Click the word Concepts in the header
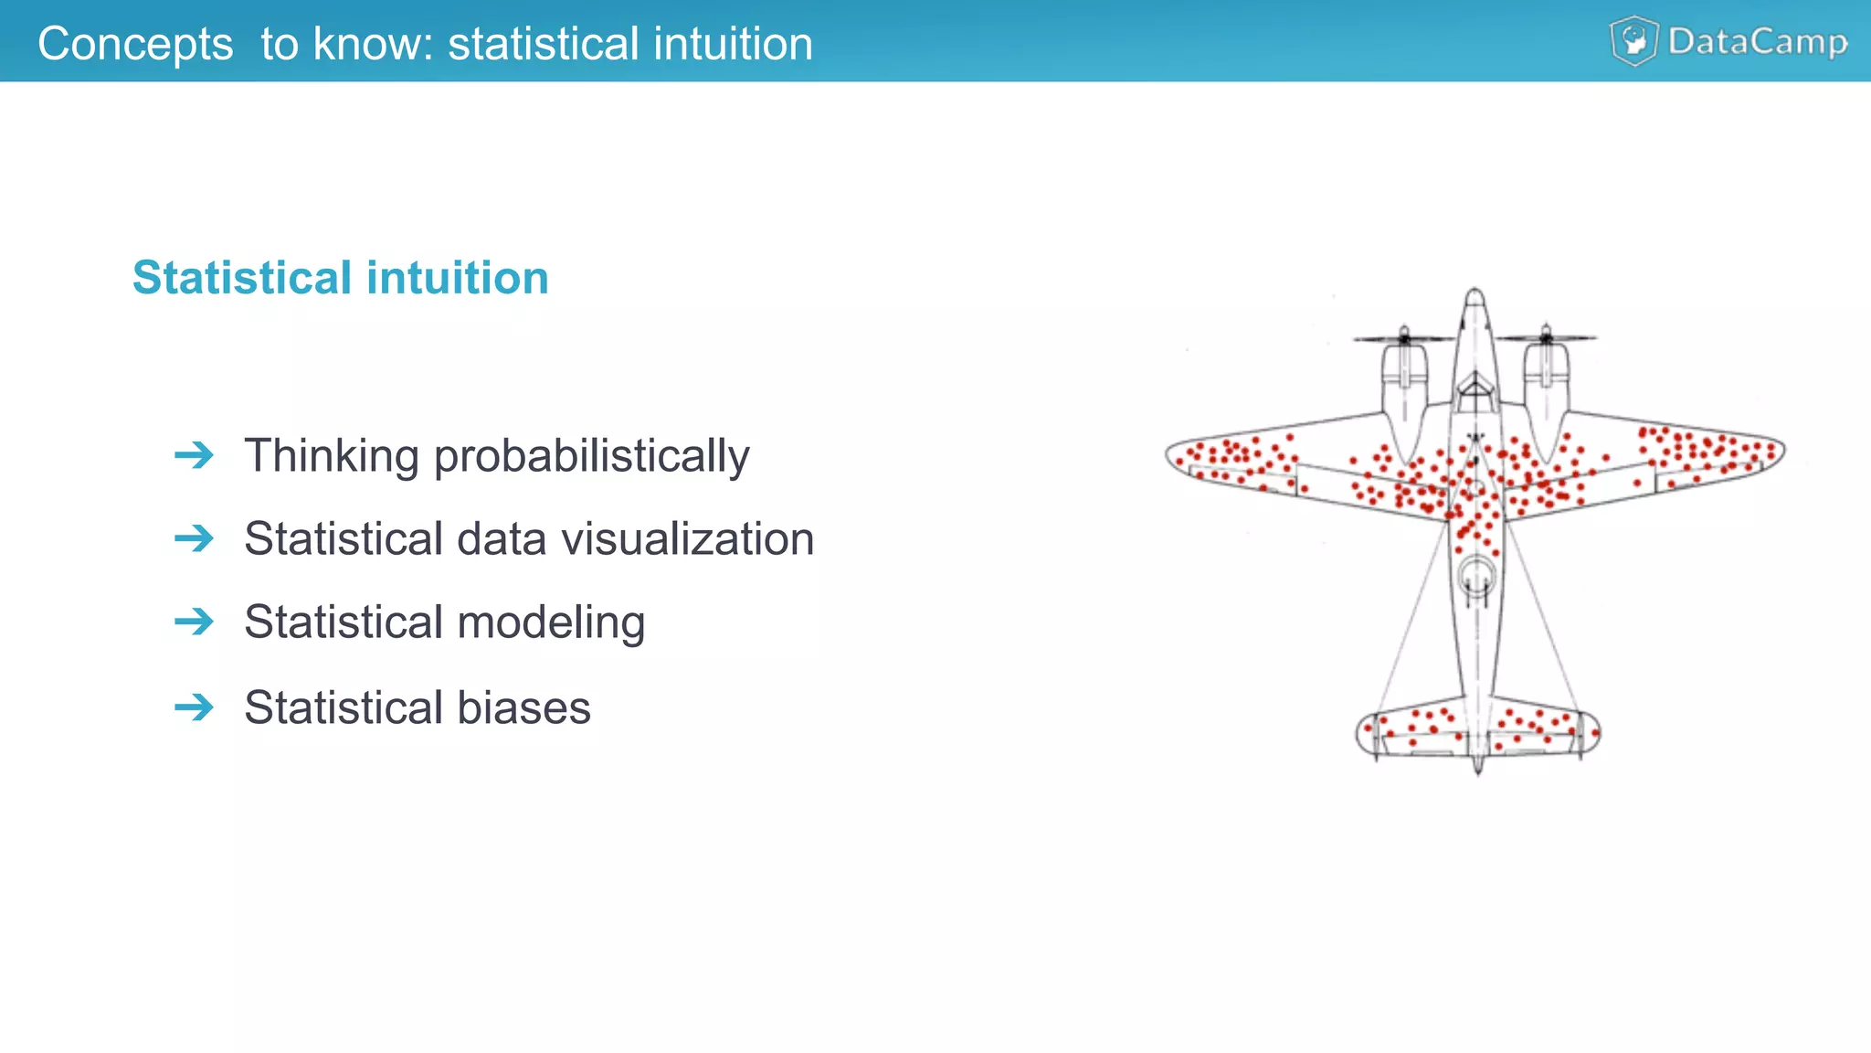point(135,44)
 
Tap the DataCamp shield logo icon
point(1633,41)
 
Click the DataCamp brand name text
point(1757,42)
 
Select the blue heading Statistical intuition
point(340,278)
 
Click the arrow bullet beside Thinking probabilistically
point(194,455)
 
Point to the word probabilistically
point(591,457)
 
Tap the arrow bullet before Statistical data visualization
point(194,538)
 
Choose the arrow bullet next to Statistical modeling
point(194,622)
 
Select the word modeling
point(551,623)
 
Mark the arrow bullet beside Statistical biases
point(194,707)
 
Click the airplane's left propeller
point(1404,338)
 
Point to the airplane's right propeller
point(1546,337)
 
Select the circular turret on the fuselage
point(1476,576)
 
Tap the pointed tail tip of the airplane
point(1478,770)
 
